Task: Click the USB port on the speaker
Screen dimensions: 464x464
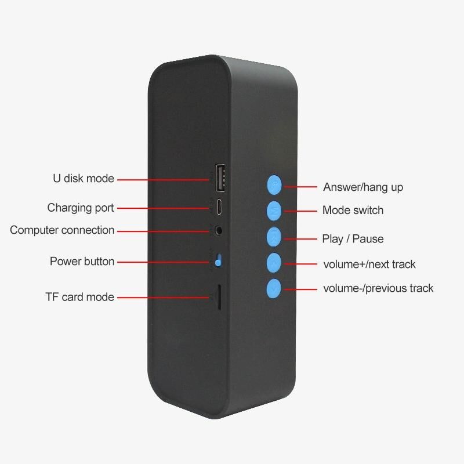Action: pyautogui.click(x=220, y=177)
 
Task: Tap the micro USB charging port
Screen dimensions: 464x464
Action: pyautogui.click(x=220, y=207)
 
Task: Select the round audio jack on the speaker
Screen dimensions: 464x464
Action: pyautogui.click(x=219, y=230)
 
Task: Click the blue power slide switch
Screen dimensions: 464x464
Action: pyautogui.click(x=219, y=260)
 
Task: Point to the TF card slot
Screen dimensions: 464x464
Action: pyautogui.click(x=219, y=297)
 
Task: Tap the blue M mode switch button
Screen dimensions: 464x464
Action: pyautogui.click(x=274, y=211)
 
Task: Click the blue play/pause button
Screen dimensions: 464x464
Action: pyautogui.click(x=274, y=237)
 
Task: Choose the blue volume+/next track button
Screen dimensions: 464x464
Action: pyautogui.click(x=274, y=263)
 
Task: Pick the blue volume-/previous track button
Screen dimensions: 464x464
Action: pyautogui.click(x=274, y=288)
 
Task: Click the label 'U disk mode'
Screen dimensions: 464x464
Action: pyautogui.click(x=84, y=179)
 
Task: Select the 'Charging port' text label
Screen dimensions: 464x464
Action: pyautogui.click(x=81, y=208)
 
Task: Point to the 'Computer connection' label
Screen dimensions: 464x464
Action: pyautogui.click(x=62, y=230)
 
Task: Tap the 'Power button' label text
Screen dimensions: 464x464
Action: pyautogui.click(x=82, y=262)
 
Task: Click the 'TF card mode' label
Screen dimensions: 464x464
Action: pyautogui.click(x=80, y=297)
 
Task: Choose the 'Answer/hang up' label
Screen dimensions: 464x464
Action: pyautogui.click(x=363, y=187)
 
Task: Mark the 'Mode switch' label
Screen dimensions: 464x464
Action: pyautogui.click(x=353, y=210)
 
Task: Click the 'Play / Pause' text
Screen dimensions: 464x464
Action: pyautogui.click(x=353, y=239)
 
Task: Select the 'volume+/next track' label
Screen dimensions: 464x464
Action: pyautogui.click(x=369, y=264)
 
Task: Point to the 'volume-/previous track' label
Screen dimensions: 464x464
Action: pyautogui.click(x=379, y=288)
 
